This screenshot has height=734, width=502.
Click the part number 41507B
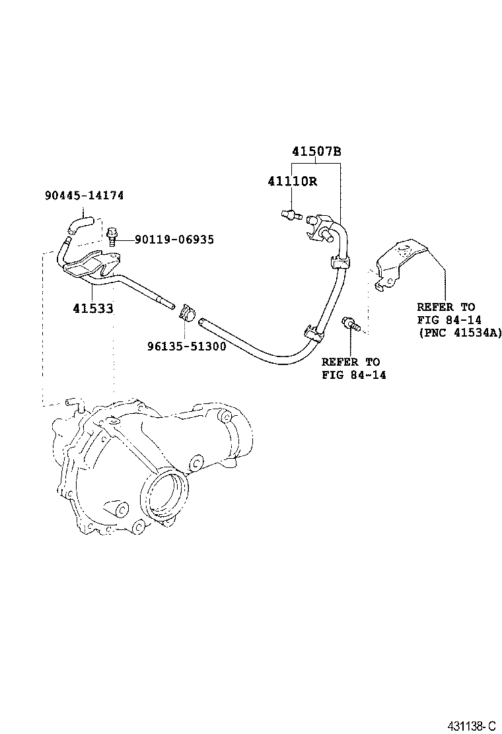[x=316, y=152]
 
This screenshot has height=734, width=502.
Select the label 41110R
[x=292, y=181]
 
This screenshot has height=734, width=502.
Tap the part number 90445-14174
[x=85, y=195]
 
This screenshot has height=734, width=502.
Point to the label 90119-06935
[x=174, y=240]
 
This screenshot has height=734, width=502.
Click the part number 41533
[x=93, y=308]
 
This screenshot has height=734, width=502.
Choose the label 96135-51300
[x=186, y=345]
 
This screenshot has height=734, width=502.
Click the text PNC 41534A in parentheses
[x=460, y=333]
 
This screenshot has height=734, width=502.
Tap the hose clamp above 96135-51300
[x=187, y=310]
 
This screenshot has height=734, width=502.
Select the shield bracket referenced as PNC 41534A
[x=400, y=262]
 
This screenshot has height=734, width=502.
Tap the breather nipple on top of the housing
[x=73, y=404]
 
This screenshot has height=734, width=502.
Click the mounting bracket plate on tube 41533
[x=86, y=267]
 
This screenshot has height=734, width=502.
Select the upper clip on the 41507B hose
[x=339, y=263]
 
